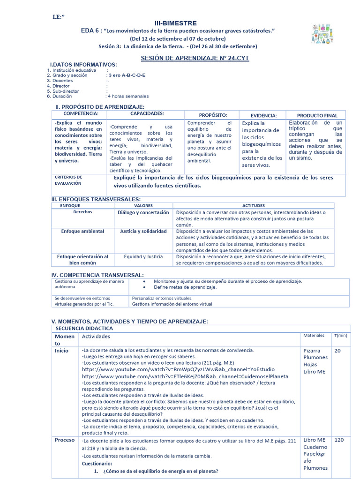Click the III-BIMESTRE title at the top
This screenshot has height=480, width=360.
point(176,23)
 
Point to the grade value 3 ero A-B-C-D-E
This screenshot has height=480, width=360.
point(126,75)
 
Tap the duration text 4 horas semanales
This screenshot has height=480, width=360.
point(128,96)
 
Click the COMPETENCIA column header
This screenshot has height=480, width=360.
point(81,114)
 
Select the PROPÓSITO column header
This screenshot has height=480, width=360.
point(213,115)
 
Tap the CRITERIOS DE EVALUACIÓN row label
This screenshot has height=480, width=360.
point(68,180)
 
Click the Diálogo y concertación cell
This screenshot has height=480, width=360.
point(143,212)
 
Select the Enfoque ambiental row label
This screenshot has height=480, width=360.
point(82,232)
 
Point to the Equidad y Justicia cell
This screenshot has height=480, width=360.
point(143,257)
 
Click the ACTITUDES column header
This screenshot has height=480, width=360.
point(253,205)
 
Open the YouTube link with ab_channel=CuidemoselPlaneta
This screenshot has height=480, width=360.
point(185,376)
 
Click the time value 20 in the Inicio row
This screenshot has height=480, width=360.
point(337,351)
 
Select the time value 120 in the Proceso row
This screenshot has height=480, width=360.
point(339,440)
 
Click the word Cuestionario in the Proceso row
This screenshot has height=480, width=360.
point(97,463)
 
